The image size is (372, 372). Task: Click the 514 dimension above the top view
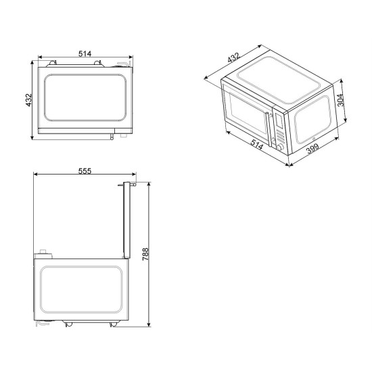85,54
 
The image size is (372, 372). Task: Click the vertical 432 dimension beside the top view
28,100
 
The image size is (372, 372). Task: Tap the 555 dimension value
85,171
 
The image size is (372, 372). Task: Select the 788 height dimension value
145,254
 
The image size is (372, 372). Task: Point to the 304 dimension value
340,100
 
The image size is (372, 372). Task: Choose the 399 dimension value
312,149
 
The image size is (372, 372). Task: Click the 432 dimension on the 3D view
234,57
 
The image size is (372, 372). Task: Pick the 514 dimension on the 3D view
257,145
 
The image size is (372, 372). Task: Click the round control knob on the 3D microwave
280,147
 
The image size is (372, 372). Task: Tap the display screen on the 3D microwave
279,120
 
